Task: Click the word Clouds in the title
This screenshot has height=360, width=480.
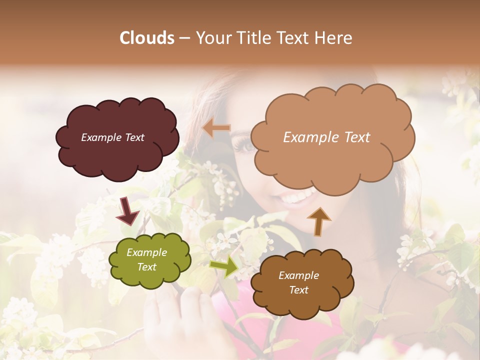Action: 147,38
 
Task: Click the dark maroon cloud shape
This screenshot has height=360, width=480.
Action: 117,155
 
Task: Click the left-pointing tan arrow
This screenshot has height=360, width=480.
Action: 216,128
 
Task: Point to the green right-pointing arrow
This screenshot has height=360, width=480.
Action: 223,266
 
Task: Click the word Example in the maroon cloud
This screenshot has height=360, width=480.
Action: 100,137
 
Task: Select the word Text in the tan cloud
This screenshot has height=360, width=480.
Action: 355,137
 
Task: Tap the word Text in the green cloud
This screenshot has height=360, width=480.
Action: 147,267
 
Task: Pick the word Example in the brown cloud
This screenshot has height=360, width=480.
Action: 298,275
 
